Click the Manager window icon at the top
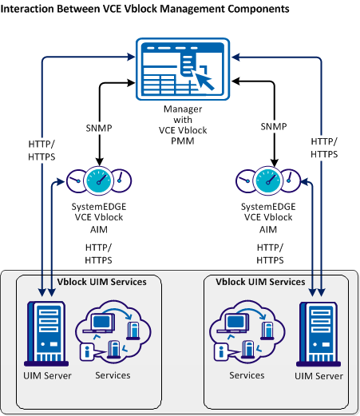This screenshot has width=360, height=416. (x=180, y=68)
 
